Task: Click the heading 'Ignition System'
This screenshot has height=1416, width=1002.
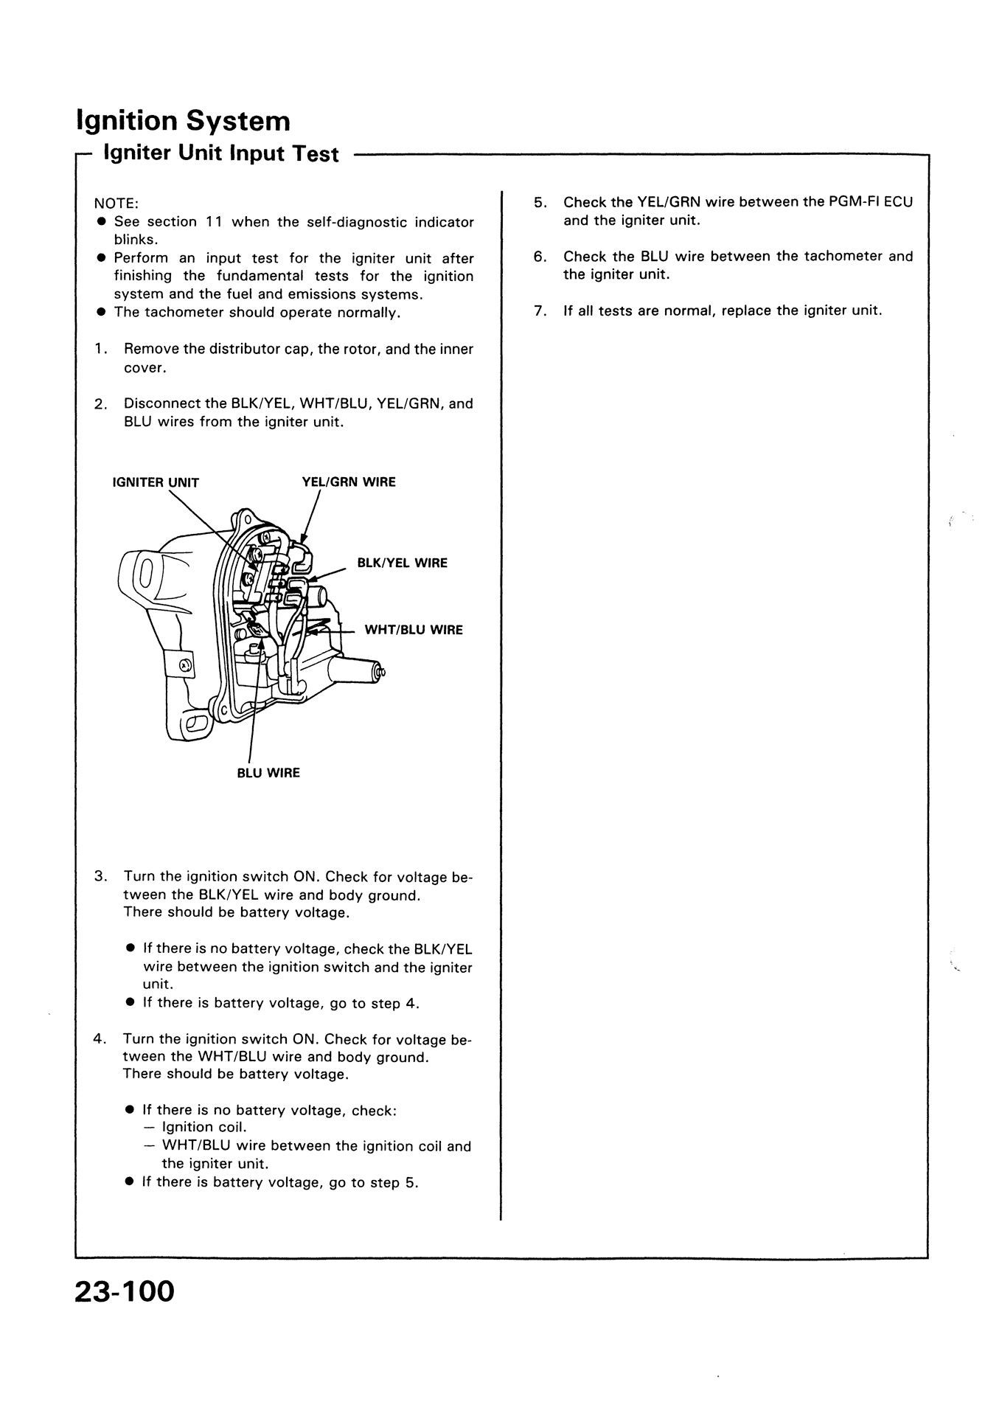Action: pyautogui.click(x=183, y=121)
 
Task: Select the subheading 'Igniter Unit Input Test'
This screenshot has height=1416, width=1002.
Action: pyautogui.click(x=221, y=154)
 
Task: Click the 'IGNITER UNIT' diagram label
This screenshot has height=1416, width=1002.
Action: pyautogui.click(x=156, y=483)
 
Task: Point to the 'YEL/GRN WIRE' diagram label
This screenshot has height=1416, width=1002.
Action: pyautogui.click(x=349, y=482)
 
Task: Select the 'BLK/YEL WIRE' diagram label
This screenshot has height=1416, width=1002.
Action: pyautogui.click(x=402, y=563)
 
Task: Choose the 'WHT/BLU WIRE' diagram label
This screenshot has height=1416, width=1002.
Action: pyautogui.click(x=414, y=631)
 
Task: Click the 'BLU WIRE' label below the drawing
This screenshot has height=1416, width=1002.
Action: pyautogui.click(x=268, y=774)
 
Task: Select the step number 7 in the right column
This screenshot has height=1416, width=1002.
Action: pyautogui.click(x=540, y=311)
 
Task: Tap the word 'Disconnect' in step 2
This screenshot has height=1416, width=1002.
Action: pyautogui.click(x=161, y=404)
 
